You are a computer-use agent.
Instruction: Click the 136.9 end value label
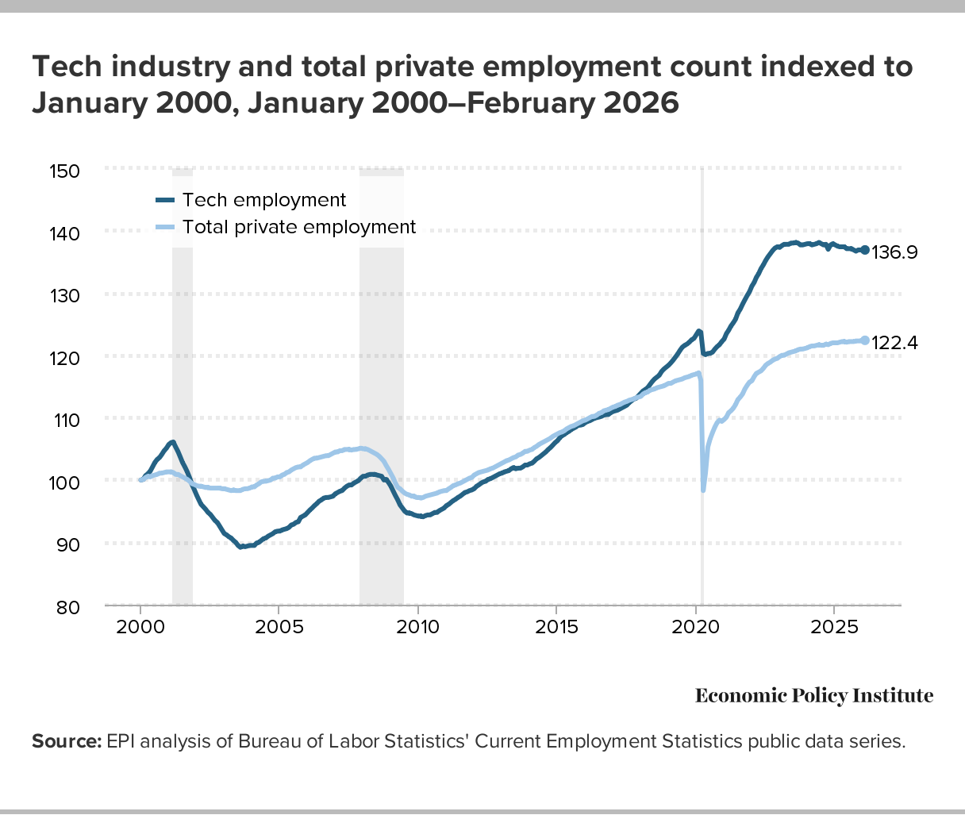894,253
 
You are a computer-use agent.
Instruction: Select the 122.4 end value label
894,343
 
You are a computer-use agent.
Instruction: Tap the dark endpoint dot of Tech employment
864,250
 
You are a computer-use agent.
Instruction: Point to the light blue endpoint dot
864,340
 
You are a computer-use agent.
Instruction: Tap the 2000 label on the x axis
140,627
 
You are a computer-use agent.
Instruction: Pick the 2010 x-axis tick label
417,627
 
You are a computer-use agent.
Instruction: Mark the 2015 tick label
556,627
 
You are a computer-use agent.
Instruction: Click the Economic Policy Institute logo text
814,696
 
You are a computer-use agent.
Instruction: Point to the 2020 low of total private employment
703,490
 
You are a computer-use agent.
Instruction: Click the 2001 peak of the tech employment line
172,442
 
